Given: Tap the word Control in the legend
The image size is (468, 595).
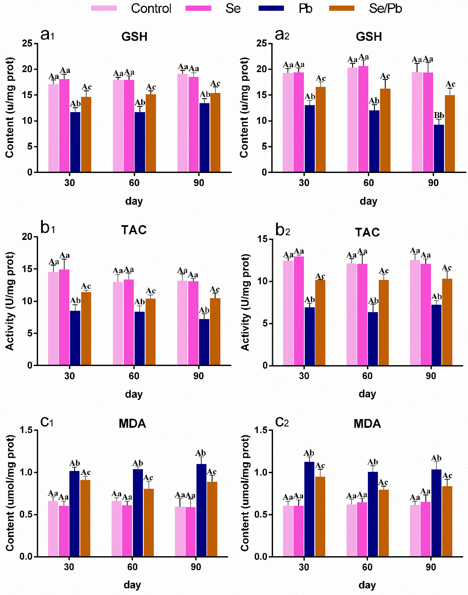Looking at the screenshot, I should [151, 8].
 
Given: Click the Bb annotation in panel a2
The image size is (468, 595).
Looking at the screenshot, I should [439, 115].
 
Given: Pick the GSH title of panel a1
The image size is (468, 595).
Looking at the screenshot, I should [134, 37].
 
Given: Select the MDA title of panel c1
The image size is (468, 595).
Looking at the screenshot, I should [132, 424].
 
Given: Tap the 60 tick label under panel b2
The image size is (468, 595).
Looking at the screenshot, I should [367, 376].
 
